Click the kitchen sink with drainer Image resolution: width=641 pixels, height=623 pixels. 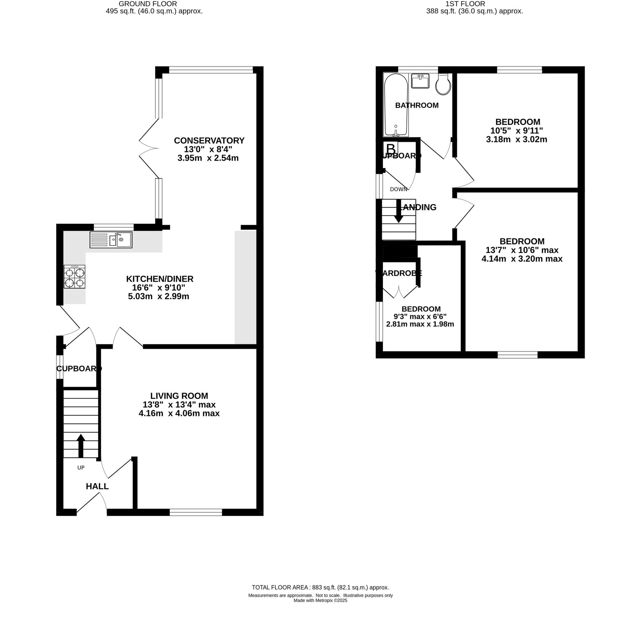(111, 240)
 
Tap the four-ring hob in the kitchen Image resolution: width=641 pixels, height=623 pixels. (74, 277)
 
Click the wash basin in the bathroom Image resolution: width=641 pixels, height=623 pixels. (420, 81)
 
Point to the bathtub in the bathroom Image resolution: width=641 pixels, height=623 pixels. (396, 105)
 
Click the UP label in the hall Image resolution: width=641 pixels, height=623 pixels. (81, 467)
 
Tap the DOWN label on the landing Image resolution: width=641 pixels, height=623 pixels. (398, 189)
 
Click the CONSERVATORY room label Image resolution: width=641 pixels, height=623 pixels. (209, 140)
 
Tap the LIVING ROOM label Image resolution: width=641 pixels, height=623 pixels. (179, 396)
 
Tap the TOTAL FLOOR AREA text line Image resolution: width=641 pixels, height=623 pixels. (320, 587)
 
